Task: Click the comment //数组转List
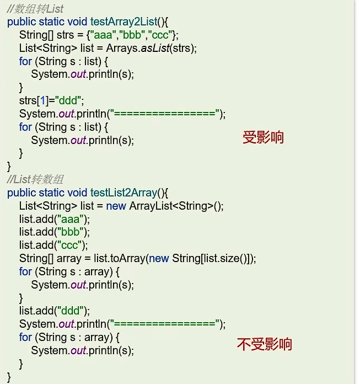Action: pos(35,8)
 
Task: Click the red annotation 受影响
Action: pos(263,137)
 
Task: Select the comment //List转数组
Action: pos(35,180)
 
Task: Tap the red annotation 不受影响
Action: pos(264,345)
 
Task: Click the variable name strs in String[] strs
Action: pos(58,35)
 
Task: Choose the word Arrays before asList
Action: pos(121,48)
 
